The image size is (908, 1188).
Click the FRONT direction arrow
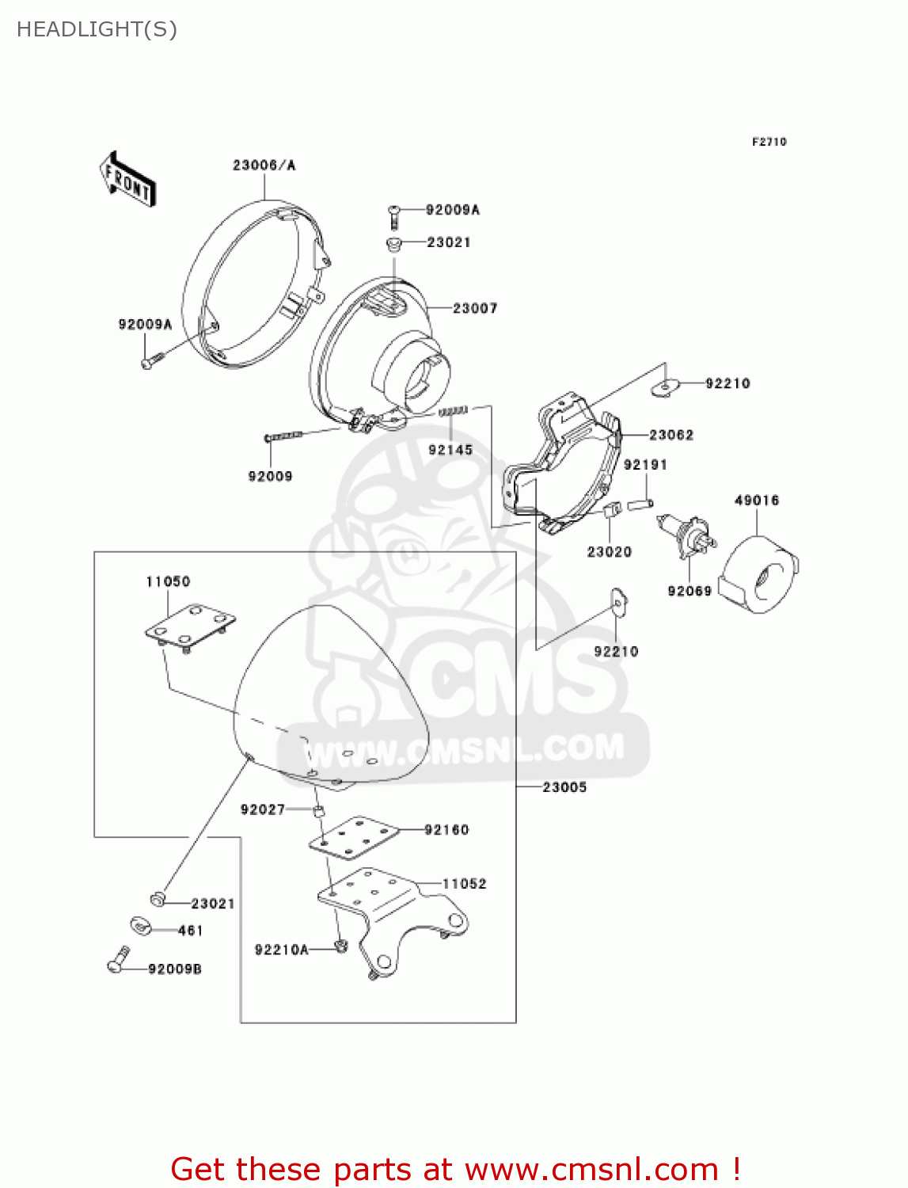pyautogui.click(x=127, y=180)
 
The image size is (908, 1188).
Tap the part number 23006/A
pyautogui.click(x=264, y=166)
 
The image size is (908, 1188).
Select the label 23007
pyautogui.click(x=475, y=308)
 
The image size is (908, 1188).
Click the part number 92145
pyautogui.click(x=450, y=450)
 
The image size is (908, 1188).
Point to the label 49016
pyautogui.click(x=757, y=501)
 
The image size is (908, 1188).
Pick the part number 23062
pyautogui.click(x=671, y=435)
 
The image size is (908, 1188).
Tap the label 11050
pyautogui.click(x=168, y=582)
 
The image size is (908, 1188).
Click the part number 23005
pyautogui.click(x=564, y=787)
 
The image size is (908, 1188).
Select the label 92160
pyautogui.click(x=446, y=830)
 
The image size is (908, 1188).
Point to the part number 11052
pyautogui.click(x=464, y=884)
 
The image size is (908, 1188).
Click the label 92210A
pyautogui.click(x=281, y=950)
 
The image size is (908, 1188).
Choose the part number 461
pyautogui.click(x=191, y=931)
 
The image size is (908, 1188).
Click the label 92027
pyautogui.click(x=262, y=809)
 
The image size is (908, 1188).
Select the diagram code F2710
pyautogui.click(x=769, y=142)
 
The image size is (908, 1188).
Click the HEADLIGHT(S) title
pyautogui.click(x=97, y=29)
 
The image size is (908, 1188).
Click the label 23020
pyautogui.click(x=609, y=552)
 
